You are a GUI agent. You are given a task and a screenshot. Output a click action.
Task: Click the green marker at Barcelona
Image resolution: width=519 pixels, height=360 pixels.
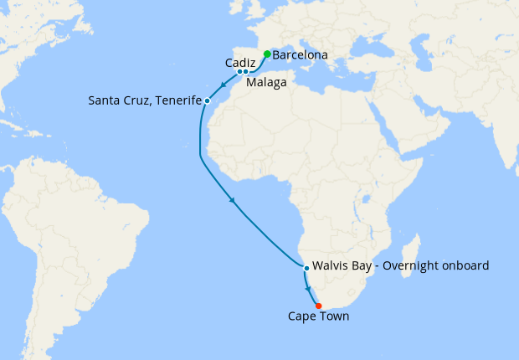pos(267,54)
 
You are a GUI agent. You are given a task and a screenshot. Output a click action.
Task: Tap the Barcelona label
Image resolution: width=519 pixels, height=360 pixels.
pos(300,56)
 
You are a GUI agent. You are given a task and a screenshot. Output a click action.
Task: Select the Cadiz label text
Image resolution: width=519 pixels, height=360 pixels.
pos(240,61)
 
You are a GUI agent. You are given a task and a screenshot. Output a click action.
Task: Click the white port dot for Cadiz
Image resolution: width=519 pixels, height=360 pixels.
pos(239,72)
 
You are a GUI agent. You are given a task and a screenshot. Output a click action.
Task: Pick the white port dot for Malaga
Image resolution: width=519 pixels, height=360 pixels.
pos(246,72)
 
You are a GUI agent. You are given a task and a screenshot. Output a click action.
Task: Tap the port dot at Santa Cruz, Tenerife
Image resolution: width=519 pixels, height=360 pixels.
pos(207,101)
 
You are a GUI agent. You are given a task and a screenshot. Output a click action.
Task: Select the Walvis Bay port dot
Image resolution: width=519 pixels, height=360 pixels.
pos(306,268)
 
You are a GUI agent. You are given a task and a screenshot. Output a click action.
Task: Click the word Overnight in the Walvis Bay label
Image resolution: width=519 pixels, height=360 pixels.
pos(407,266)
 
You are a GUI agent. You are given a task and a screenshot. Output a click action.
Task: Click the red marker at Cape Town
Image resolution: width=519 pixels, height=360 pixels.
pos(319,306)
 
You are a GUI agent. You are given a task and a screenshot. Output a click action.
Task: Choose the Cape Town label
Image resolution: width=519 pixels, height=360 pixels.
pos(318,317)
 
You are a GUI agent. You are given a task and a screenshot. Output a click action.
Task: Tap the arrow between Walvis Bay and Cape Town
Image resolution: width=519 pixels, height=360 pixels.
pos(311,288)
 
